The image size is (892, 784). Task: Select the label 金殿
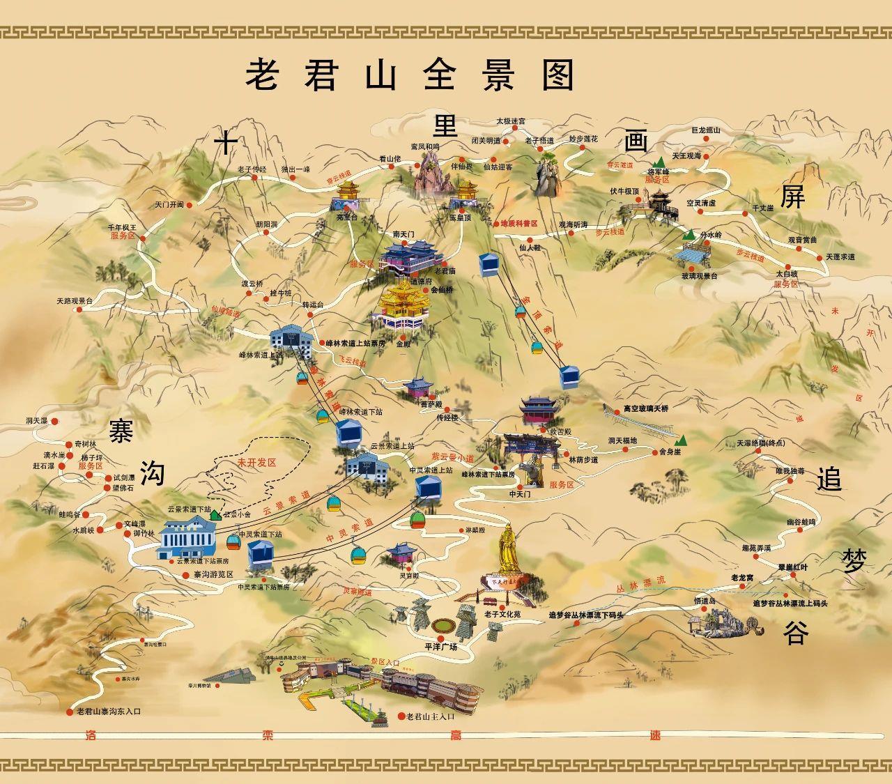pos(403,344)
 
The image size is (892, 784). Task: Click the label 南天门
pos(403,234)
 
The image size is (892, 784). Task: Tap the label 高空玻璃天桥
pos(645,408)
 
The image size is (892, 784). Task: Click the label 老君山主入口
pos(430,716)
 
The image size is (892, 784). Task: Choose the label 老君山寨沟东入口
pos(109,712)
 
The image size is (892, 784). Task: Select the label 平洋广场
pos(440,647)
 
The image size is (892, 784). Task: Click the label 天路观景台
pos(75,301)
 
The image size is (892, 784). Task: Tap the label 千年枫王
pos(121,228)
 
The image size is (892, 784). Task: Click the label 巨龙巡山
pos(705,130)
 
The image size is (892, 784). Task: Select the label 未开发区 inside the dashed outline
pos(256,463)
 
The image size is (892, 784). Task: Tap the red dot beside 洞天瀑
pos(55,421)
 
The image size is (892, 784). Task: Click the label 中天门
pos(520,493)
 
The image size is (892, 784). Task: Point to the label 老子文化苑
pos(502,614)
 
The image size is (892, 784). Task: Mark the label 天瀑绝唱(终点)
pos(760,443)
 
